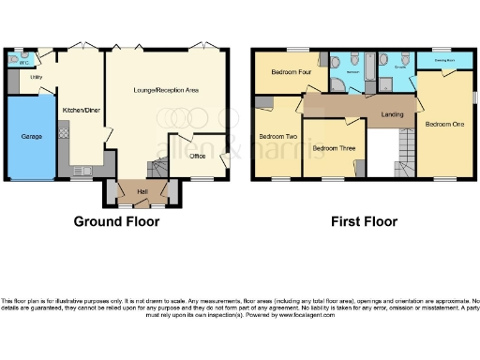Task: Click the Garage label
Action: pos(32,137)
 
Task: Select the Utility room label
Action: pos(37,78)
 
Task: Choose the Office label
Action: pos(198,156)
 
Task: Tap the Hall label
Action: pos(142,191)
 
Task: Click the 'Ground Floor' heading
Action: pos(116,222)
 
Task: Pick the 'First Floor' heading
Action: pos(364,222)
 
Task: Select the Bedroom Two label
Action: pos(277,136)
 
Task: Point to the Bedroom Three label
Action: pos(332,148)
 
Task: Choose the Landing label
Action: pos(393,114)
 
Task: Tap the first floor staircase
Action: pos(403,150)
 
